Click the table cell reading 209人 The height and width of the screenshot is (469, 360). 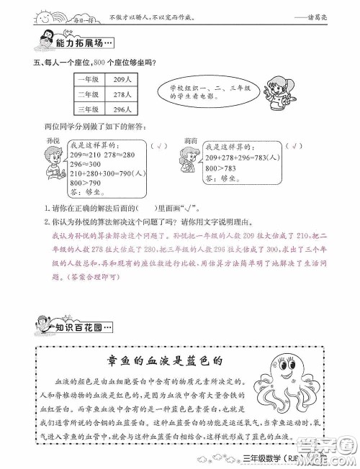click(x=122, y=78)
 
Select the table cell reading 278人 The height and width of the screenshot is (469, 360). click(x=122, y=94)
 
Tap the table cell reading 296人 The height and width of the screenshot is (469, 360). click(x=122, y=109)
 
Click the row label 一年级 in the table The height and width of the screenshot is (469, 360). click(x=88, y=78)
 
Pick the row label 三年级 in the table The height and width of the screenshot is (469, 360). click(x=88, y=109)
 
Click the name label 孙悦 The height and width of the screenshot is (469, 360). click(x=53, y=135)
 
